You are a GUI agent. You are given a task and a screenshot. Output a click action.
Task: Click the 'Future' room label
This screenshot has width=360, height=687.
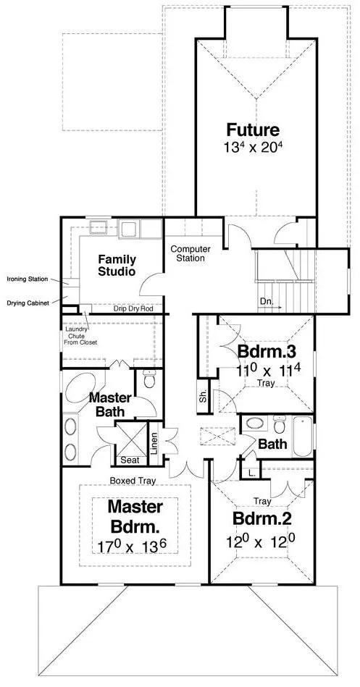[253, 130]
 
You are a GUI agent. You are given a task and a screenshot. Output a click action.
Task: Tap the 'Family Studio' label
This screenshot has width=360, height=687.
[117, 265]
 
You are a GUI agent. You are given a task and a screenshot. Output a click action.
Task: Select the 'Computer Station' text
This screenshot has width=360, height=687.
[191, 253]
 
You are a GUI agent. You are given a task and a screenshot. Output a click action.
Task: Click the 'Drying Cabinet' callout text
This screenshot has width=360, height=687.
[28, 303]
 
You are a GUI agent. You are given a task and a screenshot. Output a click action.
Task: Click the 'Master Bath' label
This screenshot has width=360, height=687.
[111, 405]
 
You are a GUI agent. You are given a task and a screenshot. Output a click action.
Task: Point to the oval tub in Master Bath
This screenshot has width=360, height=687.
[82, 391]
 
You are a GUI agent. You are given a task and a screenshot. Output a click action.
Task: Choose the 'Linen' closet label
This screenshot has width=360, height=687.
[154, 443]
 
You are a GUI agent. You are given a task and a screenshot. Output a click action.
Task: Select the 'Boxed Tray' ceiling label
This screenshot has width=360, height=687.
[130, 479]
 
